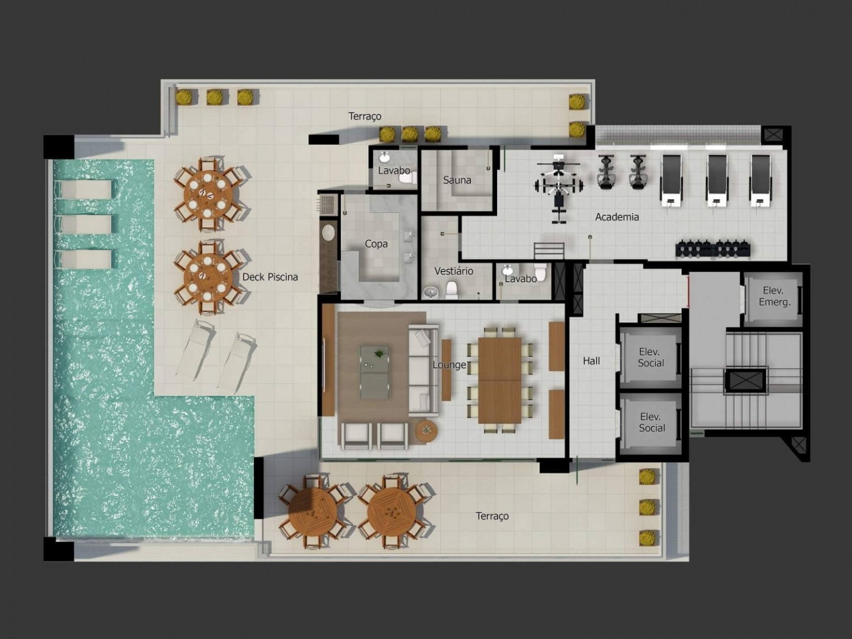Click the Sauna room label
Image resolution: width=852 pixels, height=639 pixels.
click(457, 180)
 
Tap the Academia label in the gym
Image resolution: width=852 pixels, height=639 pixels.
click(617, 217)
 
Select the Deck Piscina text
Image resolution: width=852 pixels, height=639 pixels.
click(270, 277)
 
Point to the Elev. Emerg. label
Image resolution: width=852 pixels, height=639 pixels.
click(774, 296)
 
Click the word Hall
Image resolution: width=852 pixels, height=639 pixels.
click(591, 361)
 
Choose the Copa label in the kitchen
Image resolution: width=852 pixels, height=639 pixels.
click(376, 244)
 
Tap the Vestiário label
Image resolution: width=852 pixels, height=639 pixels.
click(454, 271)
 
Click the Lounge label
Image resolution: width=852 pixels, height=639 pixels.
click(449, 364)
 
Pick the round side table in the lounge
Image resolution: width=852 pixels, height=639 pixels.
click(426, 430)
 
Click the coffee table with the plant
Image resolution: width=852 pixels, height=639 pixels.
click(374, 372)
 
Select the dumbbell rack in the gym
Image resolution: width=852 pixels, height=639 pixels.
click(713, 248)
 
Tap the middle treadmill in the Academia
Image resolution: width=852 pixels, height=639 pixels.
click(717, 180)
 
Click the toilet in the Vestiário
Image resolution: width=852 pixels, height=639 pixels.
click(451, 290)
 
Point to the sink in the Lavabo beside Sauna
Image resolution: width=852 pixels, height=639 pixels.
click(384, 157)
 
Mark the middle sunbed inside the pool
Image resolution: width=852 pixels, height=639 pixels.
click(83, 224)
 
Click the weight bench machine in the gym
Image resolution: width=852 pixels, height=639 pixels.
click(559, 188)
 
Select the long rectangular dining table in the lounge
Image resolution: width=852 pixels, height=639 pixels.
click(499, 380)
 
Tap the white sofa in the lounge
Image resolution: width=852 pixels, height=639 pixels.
click(422, 370)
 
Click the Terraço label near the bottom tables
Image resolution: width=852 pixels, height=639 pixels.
click(492, 517)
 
